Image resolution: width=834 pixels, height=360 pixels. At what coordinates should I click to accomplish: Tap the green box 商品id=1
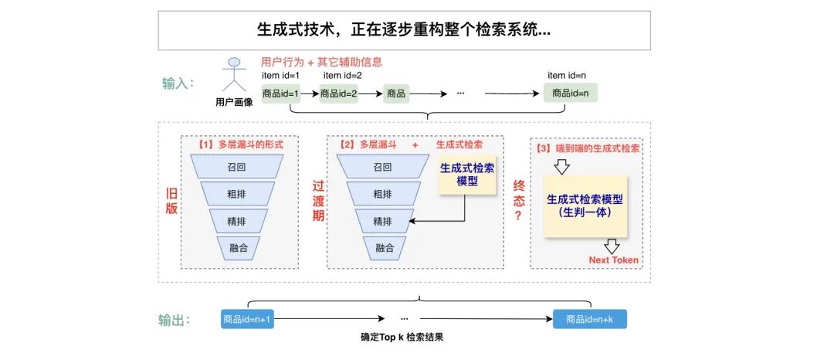pos(280,93)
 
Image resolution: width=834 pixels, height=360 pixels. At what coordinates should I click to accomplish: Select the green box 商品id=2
pos(338,93)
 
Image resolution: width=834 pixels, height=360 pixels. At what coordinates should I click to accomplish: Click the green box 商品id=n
pos(571,93)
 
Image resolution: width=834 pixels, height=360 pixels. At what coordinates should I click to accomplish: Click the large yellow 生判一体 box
pos(585,205)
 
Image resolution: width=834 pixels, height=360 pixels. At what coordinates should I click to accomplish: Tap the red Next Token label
pos(613,260)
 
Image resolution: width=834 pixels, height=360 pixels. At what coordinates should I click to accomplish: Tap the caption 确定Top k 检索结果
pos(402,338)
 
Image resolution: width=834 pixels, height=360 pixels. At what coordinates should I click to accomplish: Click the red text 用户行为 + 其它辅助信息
pos(322,62)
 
